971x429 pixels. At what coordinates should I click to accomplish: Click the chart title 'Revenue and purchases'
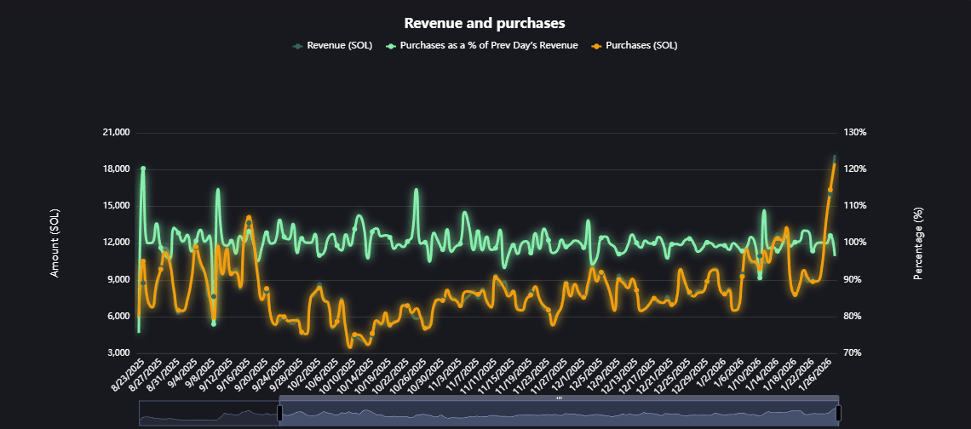point(485,23)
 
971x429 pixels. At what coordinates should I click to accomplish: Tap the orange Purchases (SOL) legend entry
point(641,45)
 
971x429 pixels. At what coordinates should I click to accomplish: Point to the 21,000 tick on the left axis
point(115,133)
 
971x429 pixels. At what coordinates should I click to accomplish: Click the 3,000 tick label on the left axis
point(118,352)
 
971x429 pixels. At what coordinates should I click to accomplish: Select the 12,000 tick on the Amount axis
point(115,243)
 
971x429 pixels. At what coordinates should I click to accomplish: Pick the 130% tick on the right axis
point(854,133)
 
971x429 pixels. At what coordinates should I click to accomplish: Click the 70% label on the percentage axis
point(853,352)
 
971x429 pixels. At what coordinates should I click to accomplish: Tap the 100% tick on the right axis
point(854,243)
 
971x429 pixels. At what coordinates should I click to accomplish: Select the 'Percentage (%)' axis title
point(918,243)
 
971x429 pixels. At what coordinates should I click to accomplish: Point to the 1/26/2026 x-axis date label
point(817,376)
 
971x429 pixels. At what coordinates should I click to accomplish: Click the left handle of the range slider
point(279,413)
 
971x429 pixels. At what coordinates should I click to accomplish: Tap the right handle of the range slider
point(838,413)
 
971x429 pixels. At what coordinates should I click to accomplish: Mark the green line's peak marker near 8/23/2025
point(143,169)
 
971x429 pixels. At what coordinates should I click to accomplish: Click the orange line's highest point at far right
point(834,164)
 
